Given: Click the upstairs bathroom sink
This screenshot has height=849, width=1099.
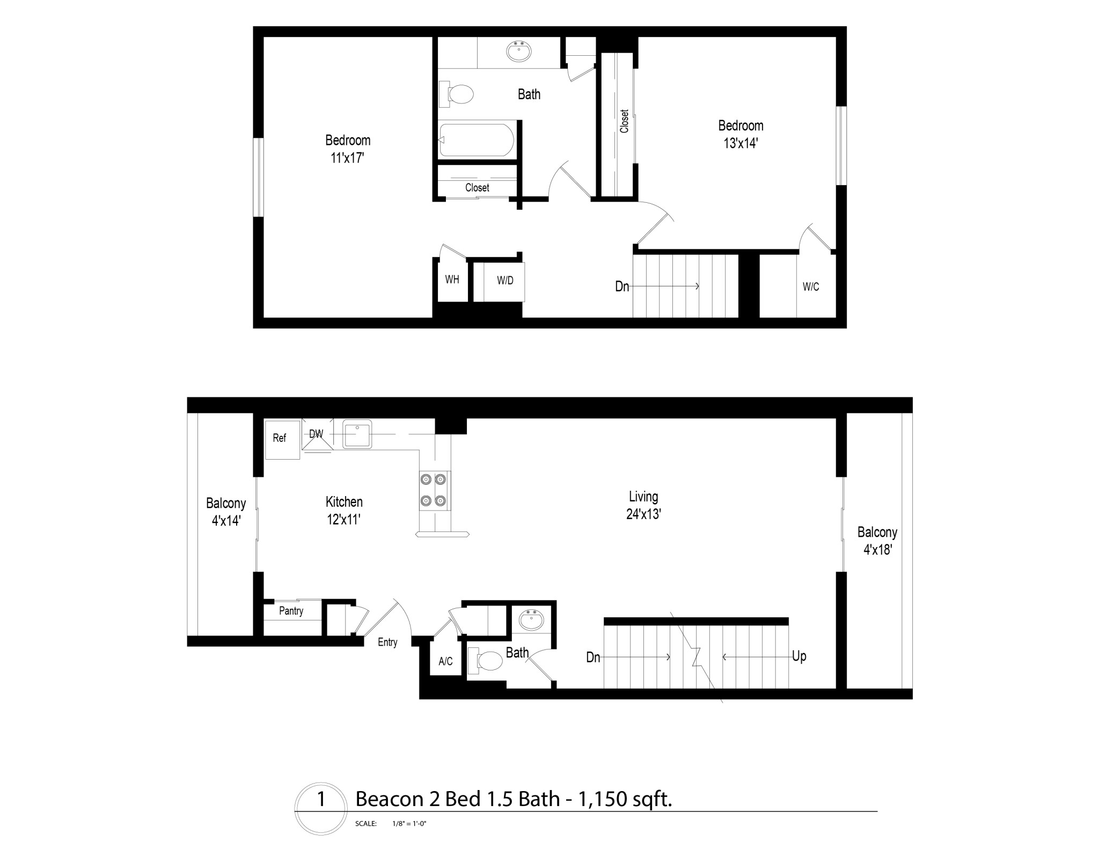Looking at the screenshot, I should pyautogui.click(x=519, y=51).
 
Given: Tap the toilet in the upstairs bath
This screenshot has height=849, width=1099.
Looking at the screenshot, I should pyautogui.click(x=458, y=95).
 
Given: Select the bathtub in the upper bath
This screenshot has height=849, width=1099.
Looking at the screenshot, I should pyautogui.click(x=476, y=140).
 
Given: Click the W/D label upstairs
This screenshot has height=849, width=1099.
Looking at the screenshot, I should pyautogui.click(x=505, y=281).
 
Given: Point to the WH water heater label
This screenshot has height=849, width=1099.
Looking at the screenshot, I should pyautogui.click(x=452, y=279).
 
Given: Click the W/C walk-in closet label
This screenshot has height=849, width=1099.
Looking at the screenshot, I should pyautogui.click(x=810, y=287).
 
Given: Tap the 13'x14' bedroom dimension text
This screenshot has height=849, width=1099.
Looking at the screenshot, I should pyautogui.click(x=740, y=143).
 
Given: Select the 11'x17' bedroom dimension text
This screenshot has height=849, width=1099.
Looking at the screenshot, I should pyautogui.click(x=347, y=158).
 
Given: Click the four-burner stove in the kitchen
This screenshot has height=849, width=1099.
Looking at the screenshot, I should pyautogui.click(x=433, y=490).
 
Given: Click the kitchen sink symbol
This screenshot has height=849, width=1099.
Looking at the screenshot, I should pyautogui.click(x=357, y=434).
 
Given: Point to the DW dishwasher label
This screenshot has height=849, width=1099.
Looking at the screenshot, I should pyautogui.click(x=316, y=434).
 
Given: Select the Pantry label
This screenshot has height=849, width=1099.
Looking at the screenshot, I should pyautogui.click(x=291, y=611).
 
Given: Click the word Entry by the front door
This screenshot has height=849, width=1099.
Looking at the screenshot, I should pyautogui.click(x=387, y=643).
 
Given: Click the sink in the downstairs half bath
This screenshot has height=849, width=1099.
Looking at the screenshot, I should pyautogui.click(x=532, y=621).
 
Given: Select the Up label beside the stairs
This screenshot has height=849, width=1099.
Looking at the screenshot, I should pyautogui.click(x=798, y=656).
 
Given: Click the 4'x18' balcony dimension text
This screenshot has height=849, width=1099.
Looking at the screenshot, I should pyautogui.click(x=877, y=550).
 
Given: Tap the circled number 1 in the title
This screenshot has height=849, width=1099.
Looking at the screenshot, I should pyautogui.click(x=321, y=799).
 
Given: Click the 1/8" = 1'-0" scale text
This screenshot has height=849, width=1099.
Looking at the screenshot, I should pyautogui.click(x=409, y=823).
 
